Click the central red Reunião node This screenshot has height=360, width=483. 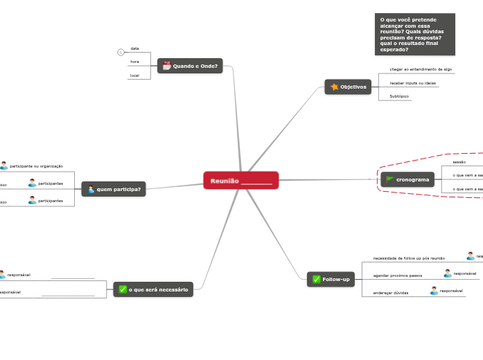point(240,180)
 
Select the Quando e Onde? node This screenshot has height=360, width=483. point(190,66)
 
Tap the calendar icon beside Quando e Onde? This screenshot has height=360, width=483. point(166,66)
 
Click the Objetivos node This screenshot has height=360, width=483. point(348,87)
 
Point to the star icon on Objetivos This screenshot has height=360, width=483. point(334,87)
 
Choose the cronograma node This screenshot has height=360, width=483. point(407,179)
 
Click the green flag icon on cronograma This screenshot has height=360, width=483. point(390,179)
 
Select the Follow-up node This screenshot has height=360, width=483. point(331,279)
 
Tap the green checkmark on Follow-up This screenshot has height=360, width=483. point(316,279)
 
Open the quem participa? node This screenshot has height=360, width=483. point(114,189)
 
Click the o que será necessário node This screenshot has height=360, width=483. point(153,289)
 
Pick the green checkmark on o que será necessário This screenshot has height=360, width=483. point(123,289)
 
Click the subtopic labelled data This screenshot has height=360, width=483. point(134,48)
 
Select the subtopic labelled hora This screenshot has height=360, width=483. point(134,62)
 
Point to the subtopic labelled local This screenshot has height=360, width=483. point(134,75)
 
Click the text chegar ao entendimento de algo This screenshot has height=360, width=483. point(421,69)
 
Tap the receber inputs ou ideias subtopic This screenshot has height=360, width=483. point(412,83)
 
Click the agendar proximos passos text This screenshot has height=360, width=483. point(398,276)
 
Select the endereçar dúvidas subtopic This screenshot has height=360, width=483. point(391,293)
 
